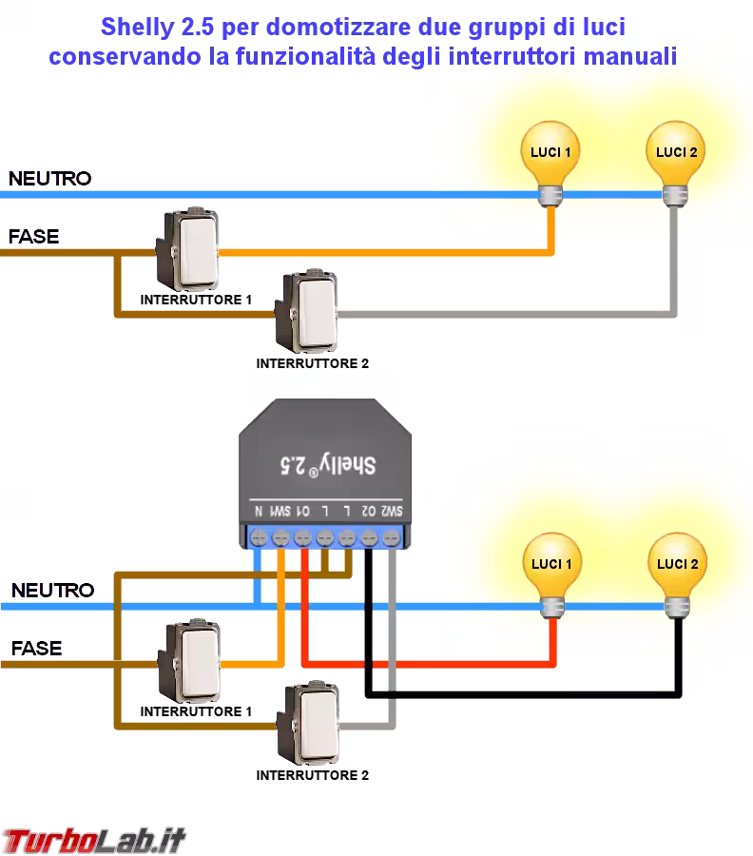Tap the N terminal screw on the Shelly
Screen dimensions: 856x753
click(258, 538)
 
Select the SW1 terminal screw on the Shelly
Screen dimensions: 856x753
click(280, 538)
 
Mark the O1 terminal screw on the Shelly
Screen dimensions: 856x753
click(302, 538)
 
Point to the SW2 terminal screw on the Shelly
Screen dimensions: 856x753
click(391, 538)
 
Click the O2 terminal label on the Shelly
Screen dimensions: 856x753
click(369, 511)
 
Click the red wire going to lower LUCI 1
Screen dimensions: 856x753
click(428, 662)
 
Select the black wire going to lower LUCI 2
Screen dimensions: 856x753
click(523, 695)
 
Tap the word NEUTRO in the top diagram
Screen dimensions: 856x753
click(50, 178)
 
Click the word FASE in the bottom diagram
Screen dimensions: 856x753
click(36, 649)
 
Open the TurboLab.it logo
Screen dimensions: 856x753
click(93, 839)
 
